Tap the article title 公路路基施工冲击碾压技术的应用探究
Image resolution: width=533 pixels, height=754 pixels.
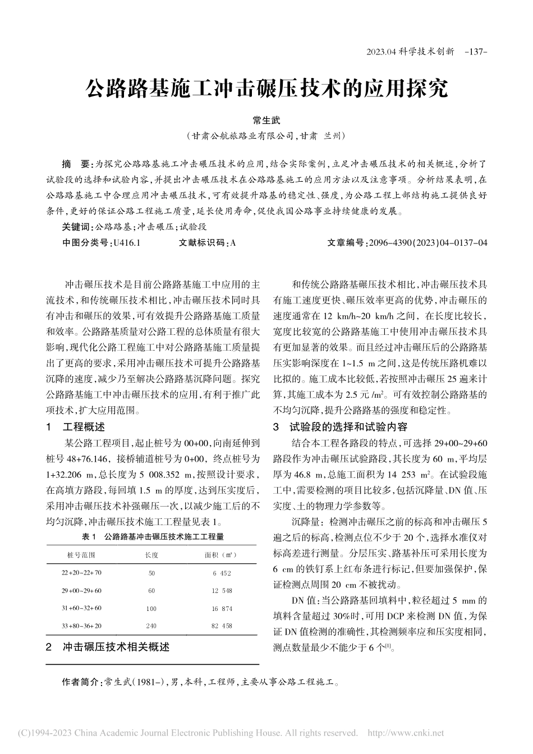click(x=266, y=89)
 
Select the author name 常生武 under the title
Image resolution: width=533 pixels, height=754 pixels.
click(x=266, y=121)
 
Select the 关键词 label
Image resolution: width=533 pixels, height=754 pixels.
click(x=76, y=228)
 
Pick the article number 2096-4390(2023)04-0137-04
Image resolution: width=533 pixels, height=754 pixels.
click(x=426, y=243)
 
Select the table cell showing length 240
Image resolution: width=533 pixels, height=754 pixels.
click(x=151, y=626)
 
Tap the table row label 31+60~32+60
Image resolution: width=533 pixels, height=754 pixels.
click(x=81, y=608)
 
